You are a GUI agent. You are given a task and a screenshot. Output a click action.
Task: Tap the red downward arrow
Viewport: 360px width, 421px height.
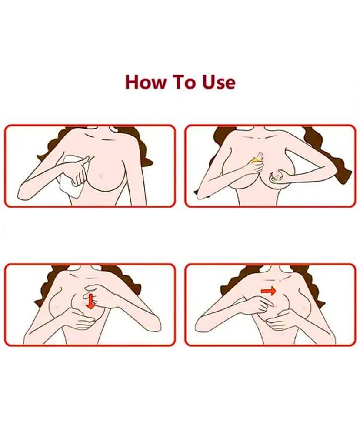[x=91, y=301]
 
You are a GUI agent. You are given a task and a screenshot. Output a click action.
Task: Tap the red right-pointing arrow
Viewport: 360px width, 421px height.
[x=268, y=291]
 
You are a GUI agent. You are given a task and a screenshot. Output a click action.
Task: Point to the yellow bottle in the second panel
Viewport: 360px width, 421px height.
[x=257, y=159]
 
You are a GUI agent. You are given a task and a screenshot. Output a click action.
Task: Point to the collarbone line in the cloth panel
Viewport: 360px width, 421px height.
[x=100, y=139]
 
